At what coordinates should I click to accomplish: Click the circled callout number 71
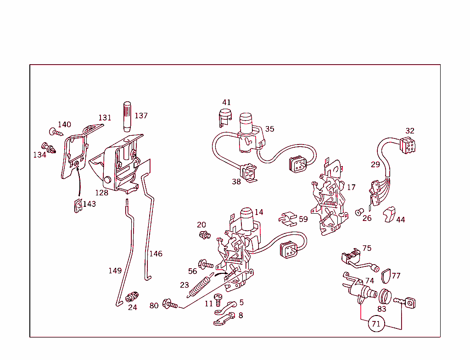point(376,324)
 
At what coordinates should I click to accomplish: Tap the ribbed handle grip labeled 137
point(127,116)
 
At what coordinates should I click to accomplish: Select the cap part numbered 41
point(224,117)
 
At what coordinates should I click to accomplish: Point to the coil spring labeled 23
point(198,287)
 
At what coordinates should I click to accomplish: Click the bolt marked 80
point(170,304)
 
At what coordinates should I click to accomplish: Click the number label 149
point(115,271)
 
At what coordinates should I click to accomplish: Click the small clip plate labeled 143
point(78,206)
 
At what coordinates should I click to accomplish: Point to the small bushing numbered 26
point(360,212)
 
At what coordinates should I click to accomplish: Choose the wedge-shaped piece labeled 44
point(389,214)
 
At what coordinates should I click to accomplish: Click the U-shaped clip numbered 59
point(288,219)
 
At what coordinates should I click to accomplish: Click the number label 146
point(156,254)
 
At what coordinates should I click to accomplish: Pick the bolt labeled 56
point(206,264)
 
